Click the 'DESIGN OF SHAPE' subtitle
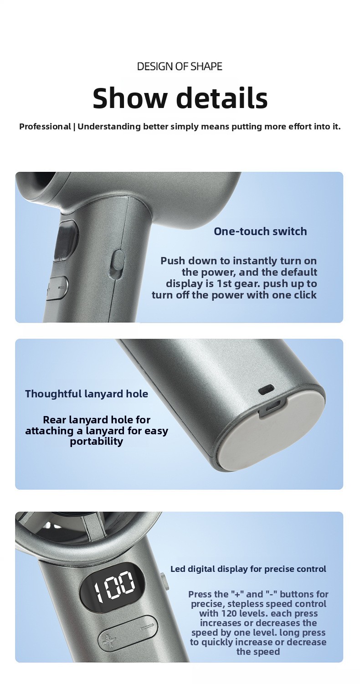click(x=180, y=66)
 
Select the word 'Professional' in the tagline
click(x=45, y=126)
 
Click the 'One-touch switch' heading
click(x=260, y=231)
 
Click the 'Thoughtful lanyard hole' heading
click(x=87, y=394)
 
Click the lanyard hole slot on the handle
click(x=266, y=390)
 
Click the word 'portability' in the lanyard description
click(x=97, y=442)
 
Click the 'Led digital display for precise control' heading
click(x=248, y=569)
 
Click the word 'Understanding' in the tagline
click(x=109, y=127)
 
